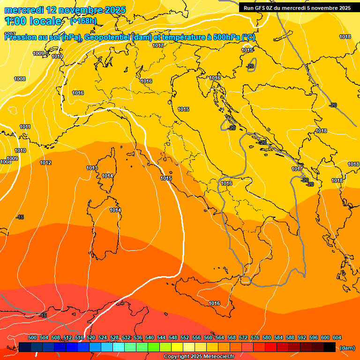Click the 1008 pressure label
[20, 79]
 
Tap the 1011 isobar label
[25, 127]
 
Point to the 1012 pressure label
[45, 163]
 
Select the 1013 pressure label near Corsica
[92, 168]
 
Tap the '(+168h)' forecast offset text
[83, 21]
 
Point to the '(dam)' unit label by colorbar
[346, 348]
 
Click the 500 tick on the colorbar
[32, 337]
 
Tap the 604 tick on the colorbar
[337, 337]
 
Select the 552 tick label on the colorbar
[185, 337]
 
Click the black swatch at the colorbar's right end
[330, 347]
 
